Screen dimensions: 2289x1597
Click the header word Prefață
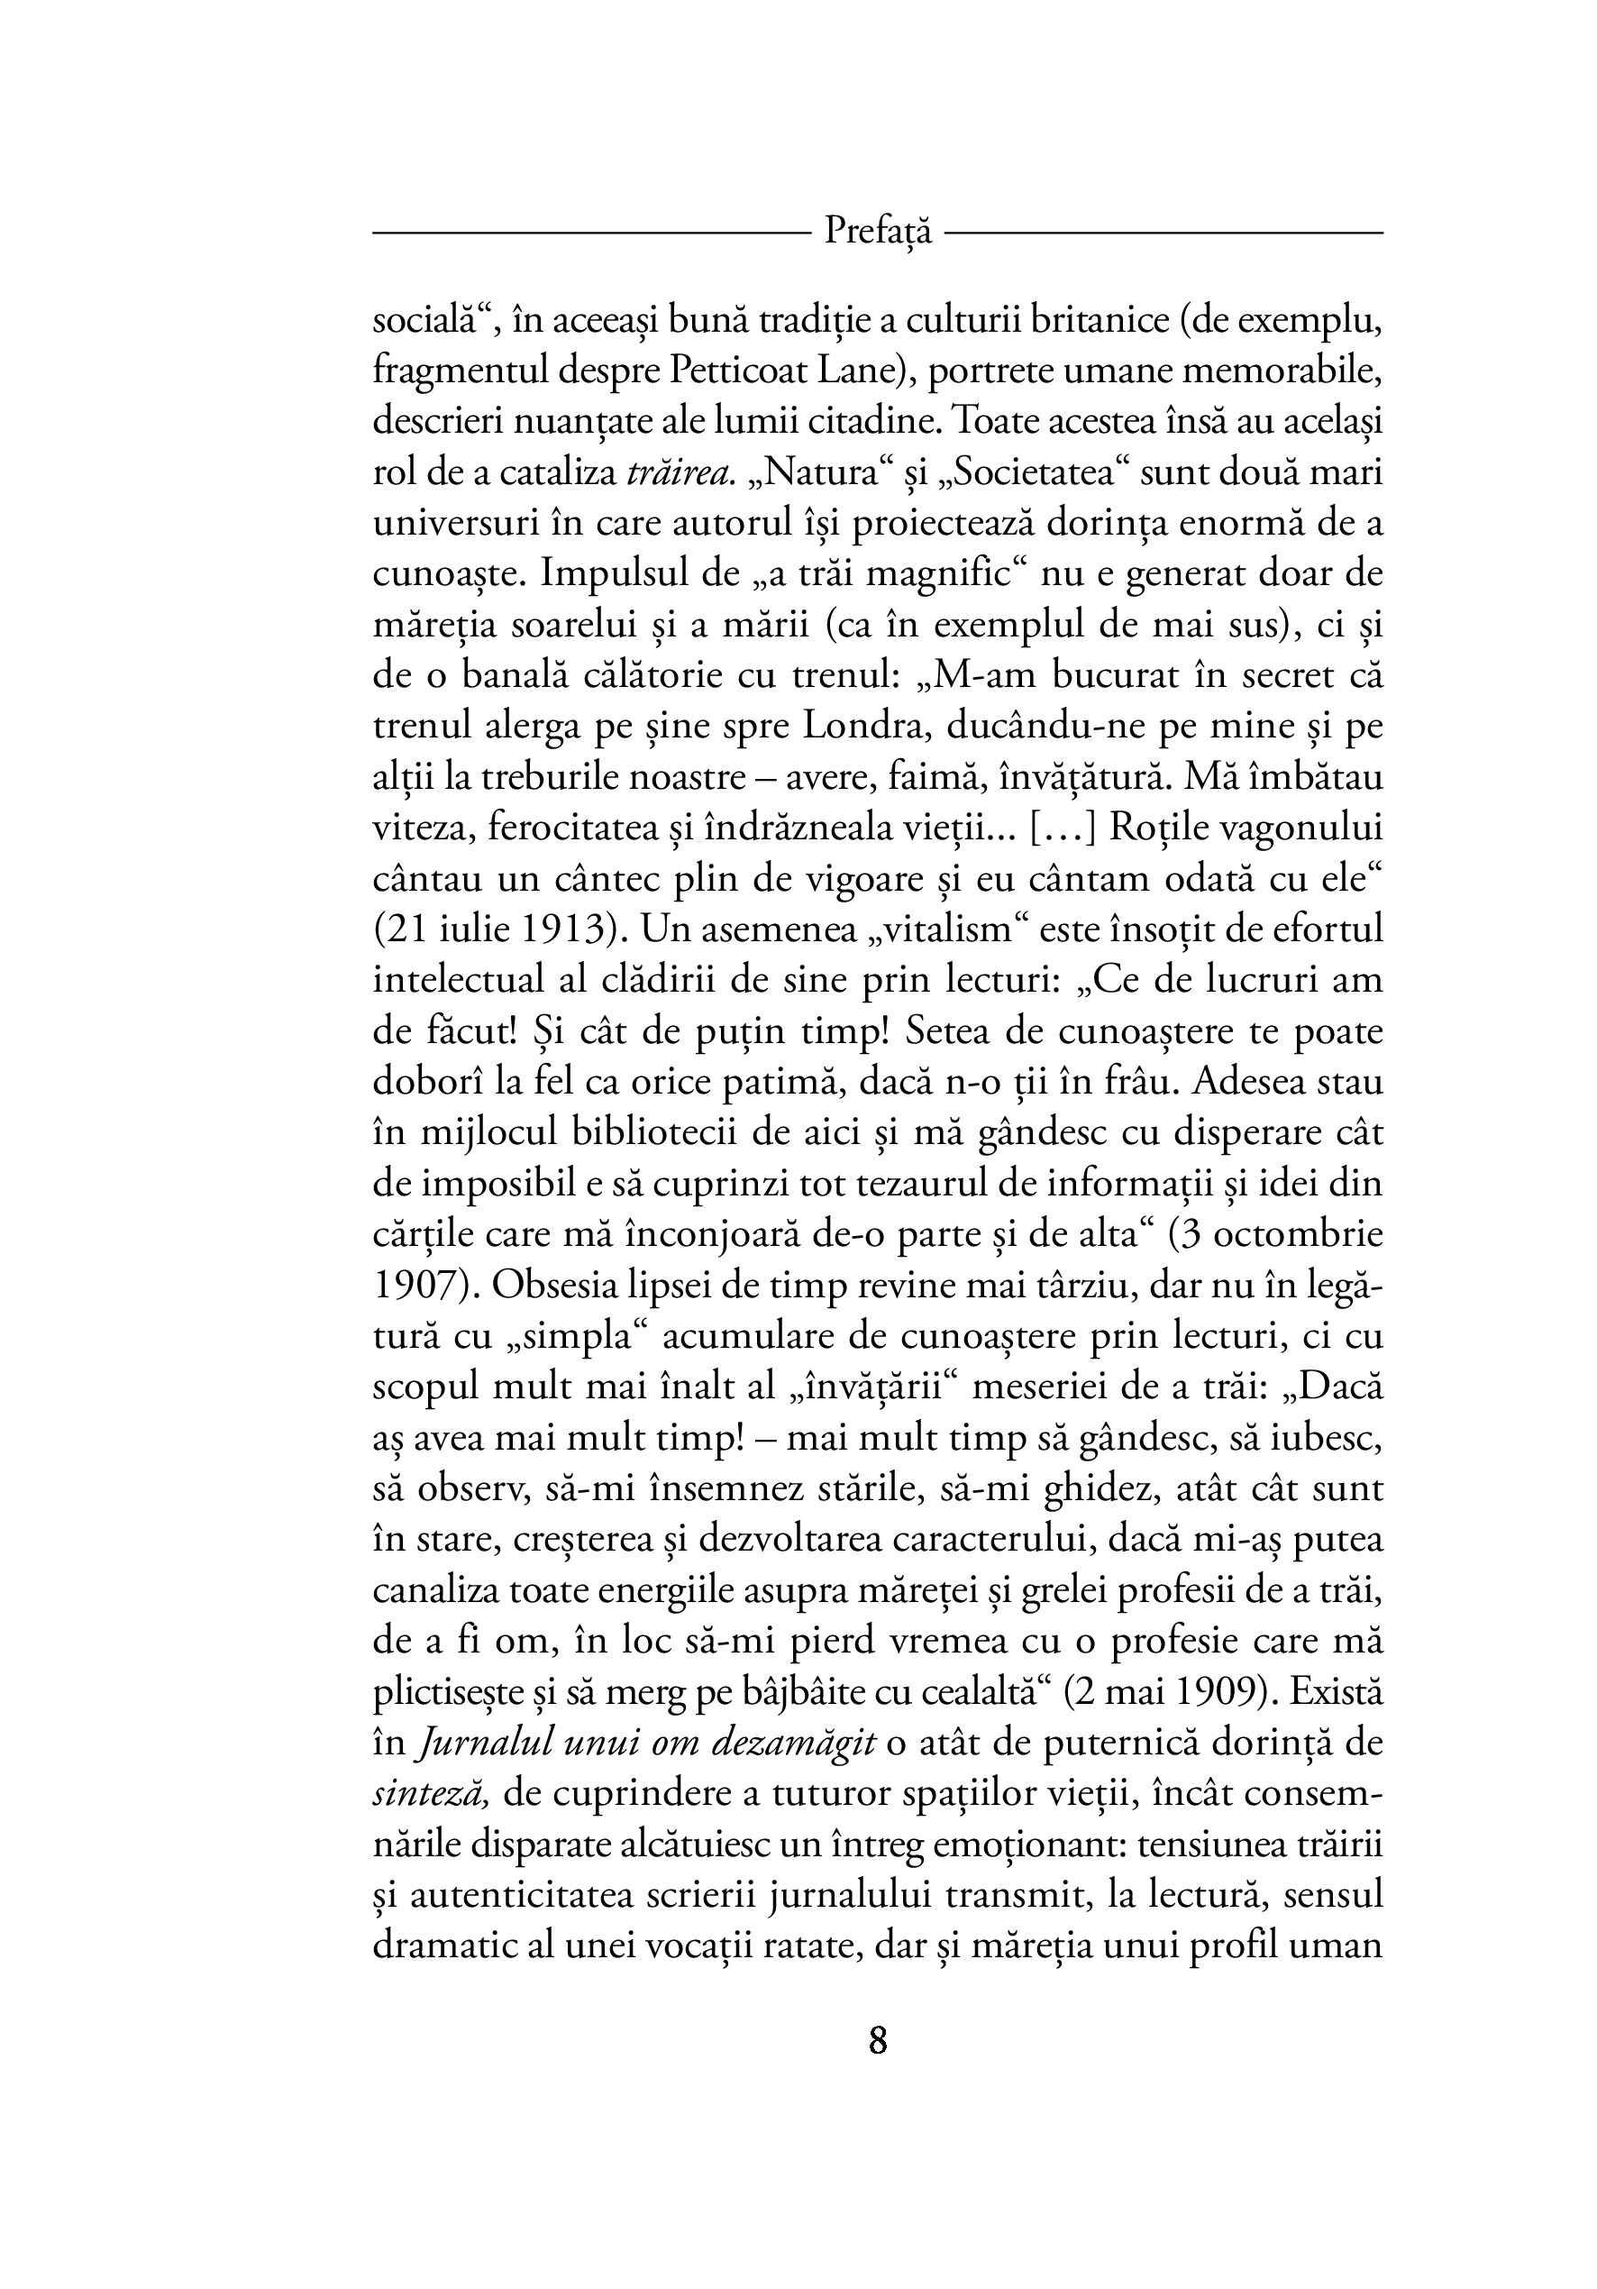point(878,233)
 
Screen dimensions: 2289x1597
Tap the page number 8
point(878,2041)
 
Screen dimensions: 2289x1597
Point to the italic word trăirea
point(680,472)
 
